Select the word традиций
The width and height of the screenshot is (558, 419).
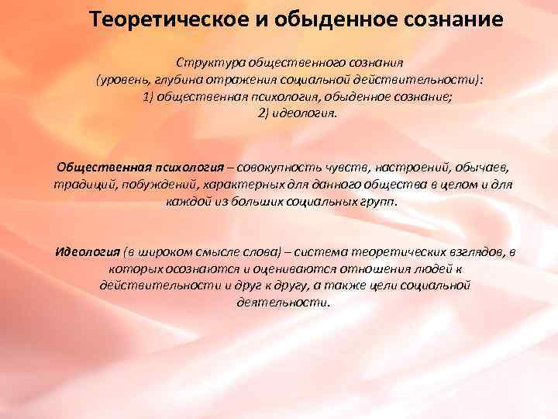[81, 186]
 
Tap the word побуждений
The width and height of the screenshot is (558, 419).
[150, 186]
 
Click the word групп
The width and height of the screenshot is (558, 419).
[377, 203]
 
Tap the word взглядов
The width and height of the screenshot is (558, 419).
[472, 253]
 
